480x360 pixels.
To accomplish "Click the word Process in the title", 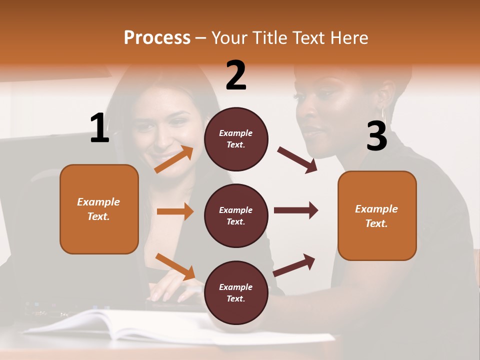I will click(x=157, y=38).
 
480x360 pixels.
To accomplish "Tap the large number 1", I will click(x=99, y=128).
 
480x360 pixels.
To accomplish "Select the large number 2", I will click(x=236, y=75).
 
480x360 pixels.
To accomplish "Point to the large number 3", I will click(x=376, y=136).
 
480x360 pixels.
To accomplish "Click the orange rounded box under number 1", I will click(x=99, y=209).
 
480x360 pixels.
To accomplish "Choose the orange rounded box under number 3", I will click(x=377, y=216).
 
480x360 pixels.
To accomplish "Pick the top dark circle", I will click(x=236, y=139).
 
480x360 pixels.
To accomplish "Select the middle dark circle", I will click(x=236, y=216).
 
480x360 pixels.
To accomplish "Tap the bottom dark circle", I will click(x=236, y=293).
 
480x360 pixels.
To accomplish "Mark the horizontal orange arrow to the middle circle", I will click(x=175, y=211).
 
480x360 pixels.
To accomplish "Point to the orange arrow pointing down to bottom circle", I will click(x=175, y=266).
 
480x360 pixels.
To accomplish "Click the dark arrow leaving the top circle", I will click(x=297, y=160).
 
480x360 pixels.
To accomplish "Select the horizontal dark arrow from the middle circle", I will click(x=296, y=210).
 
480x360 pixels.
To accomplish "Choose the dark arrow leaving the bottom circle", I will click(x=294, y=265).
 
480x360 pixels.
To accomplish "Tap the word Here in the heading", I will click(x=349, y=38).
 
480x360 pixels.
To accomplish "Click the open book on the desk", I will click(x=125, y=325).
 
